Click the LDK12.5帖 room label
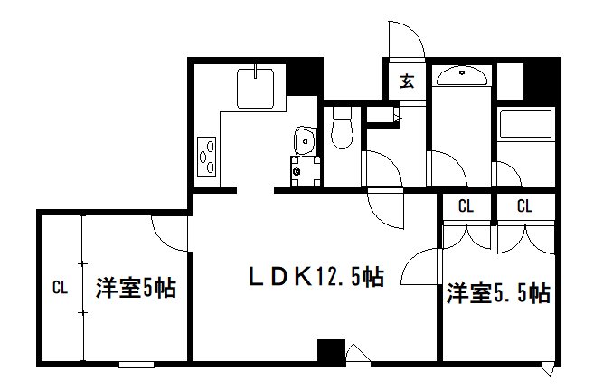(x=316, y=276)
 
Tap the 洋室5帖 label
(x=136, y=288)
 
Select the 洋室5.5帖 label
(x=498, y=293)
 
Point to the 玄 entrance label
(x=407, y=81)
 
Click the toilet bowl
(x=342, y=128)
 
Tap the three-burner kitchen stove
(x=206, y=157)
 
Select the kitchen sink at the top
(x=255, y=89)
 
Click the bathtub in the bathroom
(x=525, y=124)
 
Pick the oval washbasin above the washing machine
(x=306, y=141)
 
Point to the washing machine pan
(x=306, y=171)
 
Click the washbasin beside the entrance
(x=462, y=76)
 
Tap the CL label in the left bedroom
(x=60, y=288)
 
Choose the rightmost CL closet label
(x=524, y=206)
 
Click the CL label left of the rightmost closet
(x=466, y=206)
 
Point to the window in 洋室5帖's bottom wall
(x=137, y=364)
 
